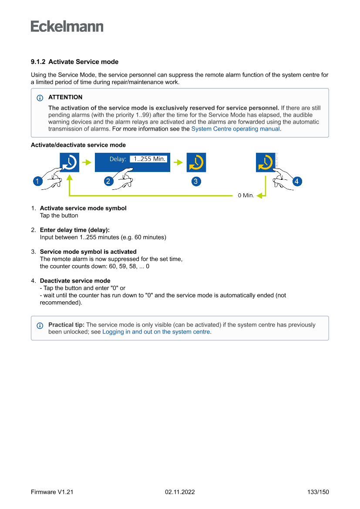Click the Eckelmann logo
(x=67, y=26)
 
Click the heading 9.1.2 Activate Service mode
(x=74, y=62)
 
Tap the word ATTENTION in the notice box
(x=65, y=97)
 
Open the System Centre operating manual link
(x=236, y=129)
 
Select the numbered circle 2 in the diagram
(x=108, y=182)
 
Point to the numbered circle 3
(x=196, y=182)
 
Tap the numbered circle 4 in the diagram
(x=297, y=182)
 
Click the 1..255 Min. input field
(x=149, y=159)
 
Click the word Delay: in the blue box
(x=118, y=159)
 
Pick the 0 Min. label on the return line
(x=246, y=196)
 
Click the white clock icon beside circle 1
(x=69, y=162)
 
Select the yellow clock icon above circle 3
(x=196, y=162)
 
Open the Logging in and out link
(x=156, y=332)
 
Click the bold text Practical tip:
(x=67, y=325)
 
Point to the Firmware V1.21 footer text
(x=52, y=492)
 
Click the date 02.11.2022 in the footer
(x=180, y=492)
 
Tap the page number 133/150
(x=318, y=492)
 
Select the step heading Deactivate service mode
(x=75, y=281)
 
